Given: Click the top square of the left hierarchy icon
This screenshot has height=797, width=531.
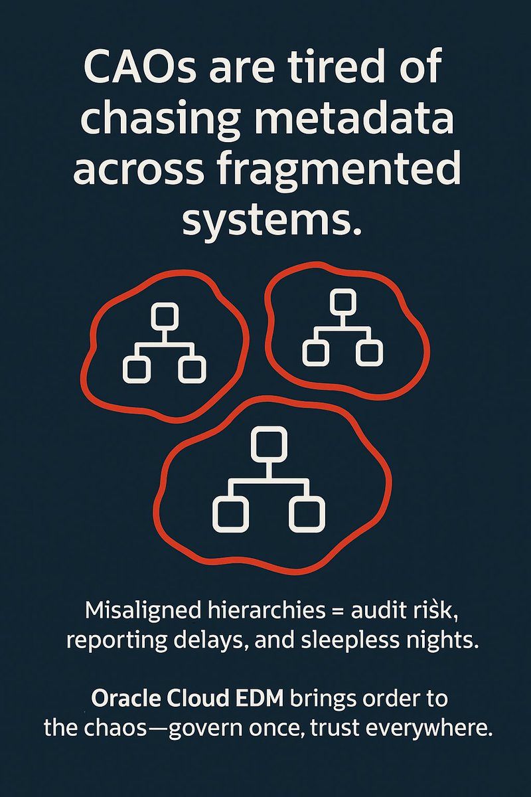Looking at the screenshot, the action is coord(164,314).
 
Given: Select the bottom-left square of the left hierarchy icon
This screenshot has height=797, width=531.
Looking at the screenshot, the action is coord(134,369).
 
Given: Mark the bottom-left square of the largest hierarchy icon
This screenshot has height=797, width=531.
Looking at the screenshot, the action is coord(230,513).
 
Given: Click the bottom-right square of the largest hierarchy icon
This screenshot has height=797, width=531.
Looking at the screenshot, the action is coord(307,513).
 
